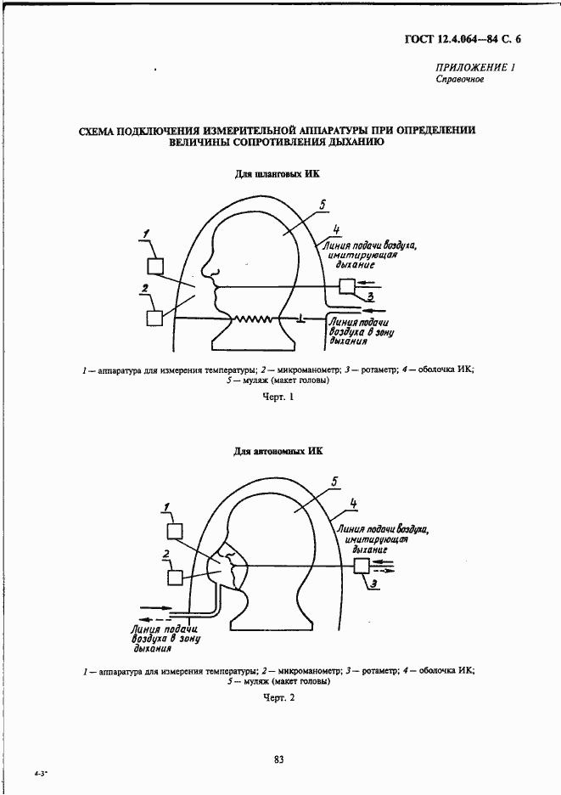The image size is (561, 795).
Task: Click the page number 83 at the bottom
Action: (278, 758)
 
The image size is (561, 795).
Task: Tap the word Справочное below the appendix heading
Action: (459, 81)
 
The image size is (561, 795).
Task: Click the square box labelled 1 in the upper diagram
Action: (155, 264)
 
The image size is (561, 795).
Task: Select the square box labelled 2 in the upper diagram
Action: (154, 318)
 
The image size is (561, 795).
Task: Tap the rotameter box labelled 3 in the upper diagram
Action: (346, 286)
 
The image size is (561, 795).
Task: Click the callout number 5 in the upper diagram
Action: (323, 204)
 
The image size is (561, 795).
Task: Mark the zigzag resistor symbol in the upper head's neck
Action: (254, 319)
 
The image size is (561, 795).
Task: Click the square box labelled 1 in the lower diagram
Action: (175, 532)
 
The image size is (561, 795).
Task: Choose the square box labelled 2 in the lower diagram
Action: (175, 578)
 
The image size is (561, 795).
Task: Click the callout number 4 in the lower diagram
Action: (353, 504)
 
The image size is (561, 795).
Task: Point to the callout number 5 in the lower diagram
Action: (335, 482)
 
